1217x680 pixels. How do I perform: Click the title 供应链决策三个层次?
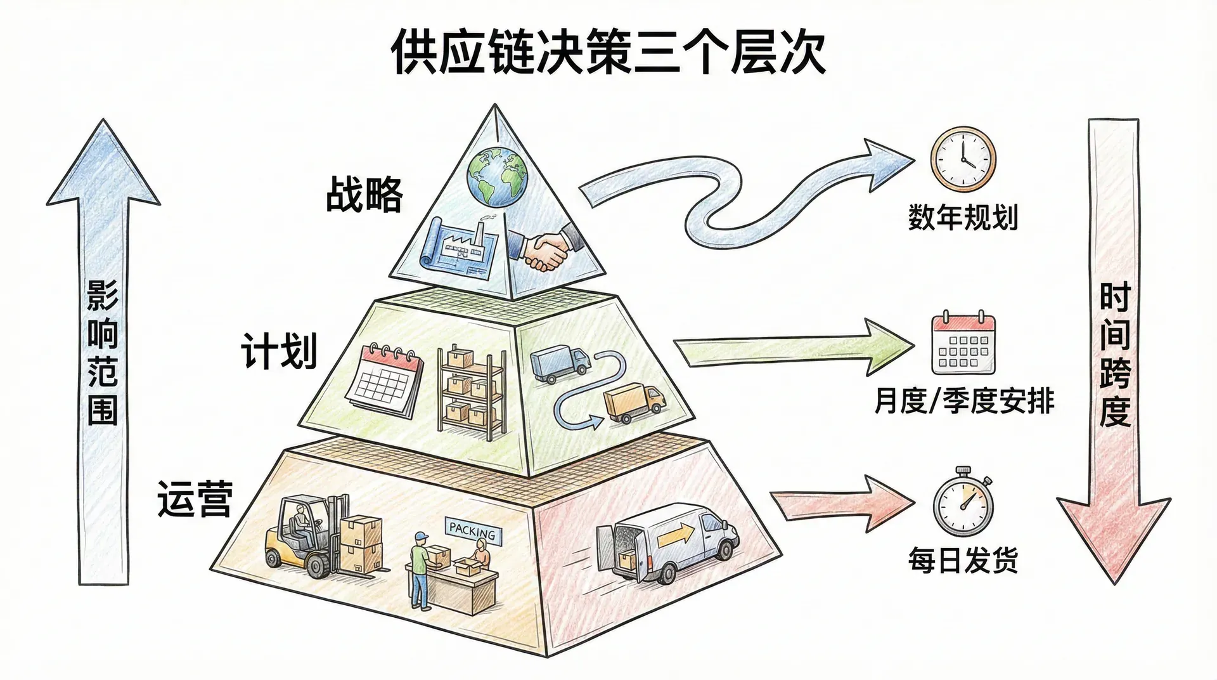(608, 52)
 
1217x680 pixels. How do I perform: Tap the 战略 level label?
(364, 194)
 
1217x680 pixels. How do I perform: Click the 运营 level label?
(195, 499)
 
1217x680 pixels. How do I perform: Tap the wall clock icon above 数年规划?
(963, 159)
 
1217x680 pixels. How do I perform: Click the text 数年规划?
(963, 217)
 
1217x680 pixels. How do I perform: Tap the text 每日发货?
(963, 561)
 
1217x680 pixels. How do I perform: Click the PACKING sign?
(472, 530)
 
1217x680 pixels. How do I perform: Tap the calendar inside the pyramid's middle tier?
(385, 379)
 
